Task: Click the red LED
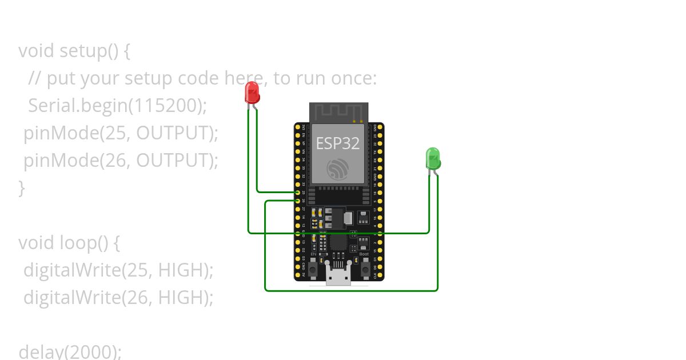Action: (252, 92)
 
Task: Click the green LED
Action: (433, 158)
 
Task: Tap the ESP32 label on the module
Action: (338, 143)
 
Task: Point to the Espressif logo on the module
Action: (338, 169)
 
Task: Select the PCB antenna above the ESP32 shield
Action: (338, 112)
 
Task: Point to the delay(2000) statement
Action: (70, 351)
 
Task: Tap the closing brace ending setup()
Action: (22, 187)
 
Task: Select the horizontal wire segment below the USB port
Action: (351, 290)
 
